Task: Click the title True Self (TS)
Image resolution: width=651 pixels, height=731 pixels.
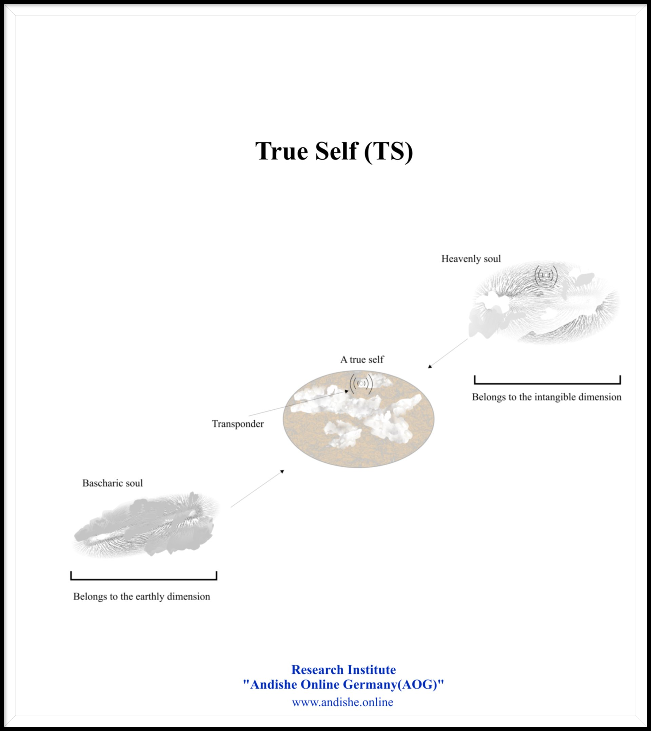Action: (x=334, y=151)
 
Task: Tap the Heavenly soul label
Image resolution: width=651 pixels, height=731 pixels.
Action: (x=471, y=259)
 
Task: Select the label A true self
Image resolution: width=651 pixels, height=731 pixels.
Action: (x=362, y=360)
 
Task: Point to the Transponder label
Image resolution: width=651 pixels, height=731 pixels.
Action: (x=238, y=424)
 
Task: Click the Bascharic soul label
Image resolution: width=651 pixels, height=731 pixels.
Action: (x=112, y=483)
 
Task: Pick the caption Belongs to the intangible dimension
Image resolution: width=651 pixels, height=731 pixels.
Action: (x=547, y=397)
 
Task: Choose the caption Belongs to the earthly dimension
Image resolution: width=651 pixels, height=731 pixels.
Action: (x=141, y=596)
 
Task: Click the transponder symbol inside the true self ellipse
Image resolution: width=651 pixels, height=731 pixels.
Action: (x=361, y=384)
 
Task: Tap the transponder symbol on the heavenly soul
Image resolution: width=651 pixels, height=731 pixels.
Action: (x=546, y=276)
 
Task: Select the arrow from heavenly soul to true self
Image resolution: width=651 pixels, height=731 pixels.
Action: (x=448, y=353)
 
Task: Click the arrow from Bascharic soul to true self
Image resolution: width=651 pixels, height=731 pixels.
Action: (x=257, y=489)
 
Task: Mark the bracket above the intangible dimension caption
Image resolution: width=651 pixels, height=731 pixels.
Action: (x=547, y=383)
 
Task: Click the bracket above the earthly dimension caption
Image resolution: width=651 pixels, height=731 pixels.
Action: (x=143, y=579)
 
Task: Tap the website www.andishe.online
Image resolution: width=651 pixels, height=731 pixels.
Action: (x=342, y=702)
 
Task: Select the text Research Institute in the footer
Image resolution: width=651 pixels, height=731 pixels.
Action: (x=343, y=669)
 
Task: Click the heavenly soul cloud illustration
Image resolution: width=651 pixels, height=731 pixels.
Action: (x=544, y=304)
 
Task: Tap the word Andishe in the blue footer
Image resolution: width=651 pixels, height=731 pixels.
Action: (x=273, y=685)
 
